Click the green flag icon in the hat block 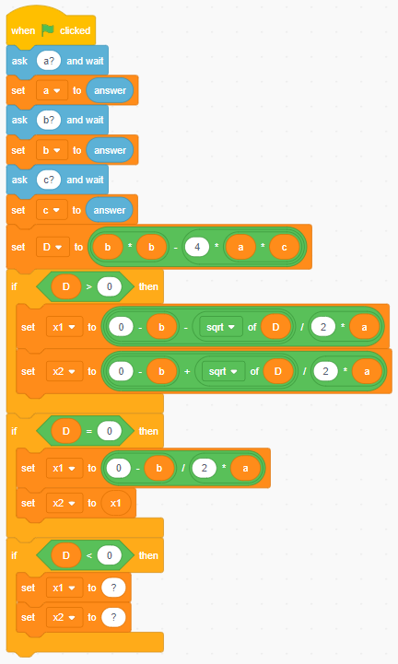click(48, 30)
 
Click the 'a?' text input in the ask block click(49, 61)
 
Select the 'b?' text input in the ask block click(49, 120)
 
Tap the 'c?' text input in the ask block click(49, 180)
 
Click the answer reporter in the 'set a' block click(110, 90)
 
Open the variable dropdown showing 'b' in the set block click(52, 150)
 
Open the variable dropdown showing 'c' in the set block click(52, 210)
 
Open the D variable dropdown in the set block click(53, 247)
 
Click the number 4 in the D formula click(197, 247)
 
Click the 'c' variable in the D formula click(284, 247)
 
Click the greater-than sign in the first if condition click(89, 286)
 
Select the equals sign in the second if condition click(89, 431)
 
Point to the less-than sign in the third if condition click(89, 555)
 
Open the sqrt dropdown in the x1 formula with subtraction click(220, 327)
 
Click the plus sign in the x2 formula click(187, 371)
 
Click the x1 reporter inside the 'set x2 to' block click(116, 503)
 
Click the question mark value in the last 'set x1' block click(113, 588)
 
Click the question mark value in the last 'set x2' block click(113, 617)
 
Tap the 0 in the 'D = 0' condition click(110, 431)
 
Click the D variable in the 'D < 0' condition click(65, 555)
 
